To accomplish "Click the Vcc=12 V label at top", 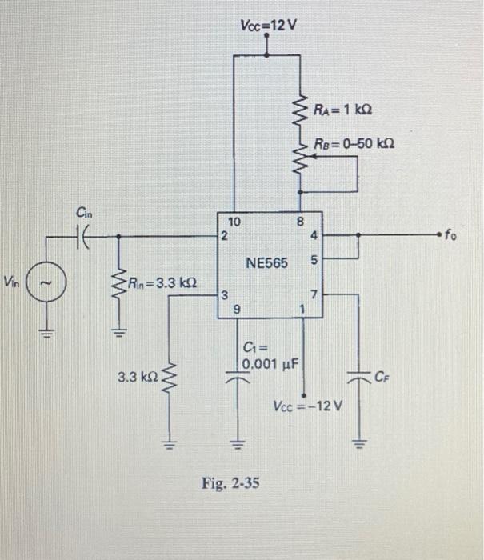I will pyautogui.click(x=268, y=25).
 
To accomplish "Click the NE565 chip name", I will pyautogui.click(x=266, y=263).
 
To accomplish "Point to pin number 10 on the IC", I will pyautogui.click(x=234, y=222).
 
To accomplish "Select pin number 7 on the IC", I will pyautogui.click(x=314, y=297).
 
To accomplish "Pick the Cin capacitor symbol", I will pyautogui.click(x=84, y=237).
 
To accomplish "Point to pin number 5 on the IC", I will pyautogui.click(x=314, y=260).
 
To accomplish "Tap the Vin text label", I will pyautogui.click(x=13, y=282).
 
